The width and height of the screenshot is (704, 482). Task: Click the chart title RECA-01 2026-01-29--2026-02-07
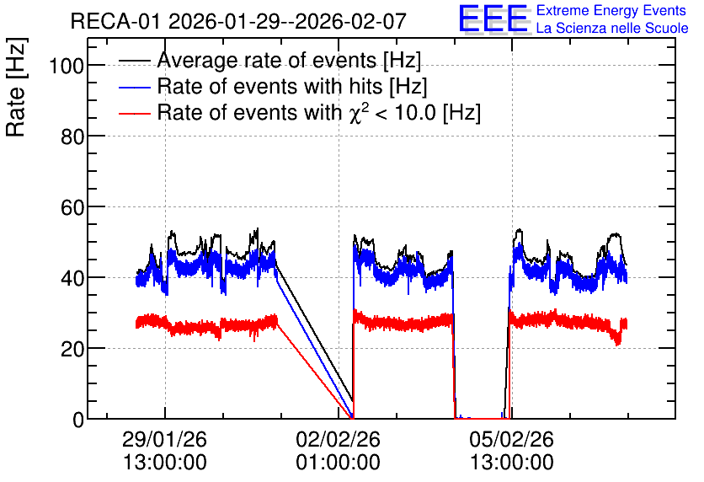(238, 22)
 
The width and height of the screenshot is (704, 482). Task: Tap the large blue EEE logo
(493, 19)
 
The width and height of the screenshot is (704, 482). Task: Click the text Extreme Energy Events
(611, 10)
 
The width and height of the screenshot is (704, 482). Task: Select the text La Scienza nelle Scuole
(612, 29)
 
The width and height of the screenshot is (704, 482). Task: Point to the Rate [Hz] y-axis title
(16, 87)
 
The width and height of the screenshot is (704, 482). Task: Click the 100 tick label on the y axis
(67, 66)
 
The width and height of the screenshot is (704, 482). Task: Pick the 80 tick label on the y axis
(72, 137)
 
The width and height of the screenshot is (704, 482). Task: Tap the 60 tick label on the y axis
(72, 207)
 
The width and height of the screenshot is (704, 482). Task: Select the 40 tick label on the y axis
(72, 278)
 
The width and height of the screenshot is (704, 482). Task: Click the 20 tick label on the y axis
(72, 349)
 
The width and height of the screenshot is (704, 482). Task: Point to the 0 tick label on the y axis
(78, 420)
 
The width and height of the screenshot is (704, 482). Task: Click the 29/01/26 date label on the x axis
(164, 439)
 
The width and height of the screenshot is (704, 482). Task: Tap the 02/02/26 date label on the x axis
(338, 439)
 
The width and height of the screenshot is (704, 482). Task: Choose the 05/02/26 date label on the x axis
(512, 439)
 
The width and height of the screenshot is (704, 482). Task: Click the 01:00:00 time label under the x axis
(338, 463)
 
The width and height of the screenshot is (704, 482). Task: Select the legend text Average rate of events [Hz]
(289, 60)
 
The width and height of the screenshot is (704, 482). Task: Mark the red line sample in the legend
(134, 114)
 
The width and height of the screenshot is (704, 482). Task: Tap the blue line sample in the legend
(134, 88)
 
